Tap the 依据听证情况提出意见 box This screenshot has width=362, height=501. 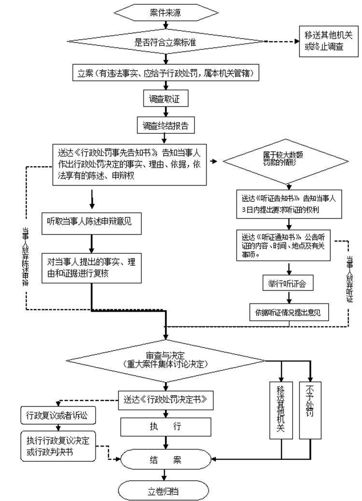pyautogui.click(x=289, y=312)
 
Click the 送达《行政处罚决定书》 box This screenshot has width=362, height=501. pyautogui.click(x=166, y=399)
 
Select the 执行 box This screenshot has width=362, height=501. pyautogui.click(x=166, y=427)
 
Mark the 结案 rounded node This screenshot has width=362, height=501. pyautogui.click(x=166, y=459)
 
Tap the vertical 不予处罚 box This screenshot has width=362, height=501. pyautogui.click(x=309, y=410)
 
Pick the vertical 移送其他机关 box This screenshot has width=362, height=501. pyautogui.click(x=280, y=410)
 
